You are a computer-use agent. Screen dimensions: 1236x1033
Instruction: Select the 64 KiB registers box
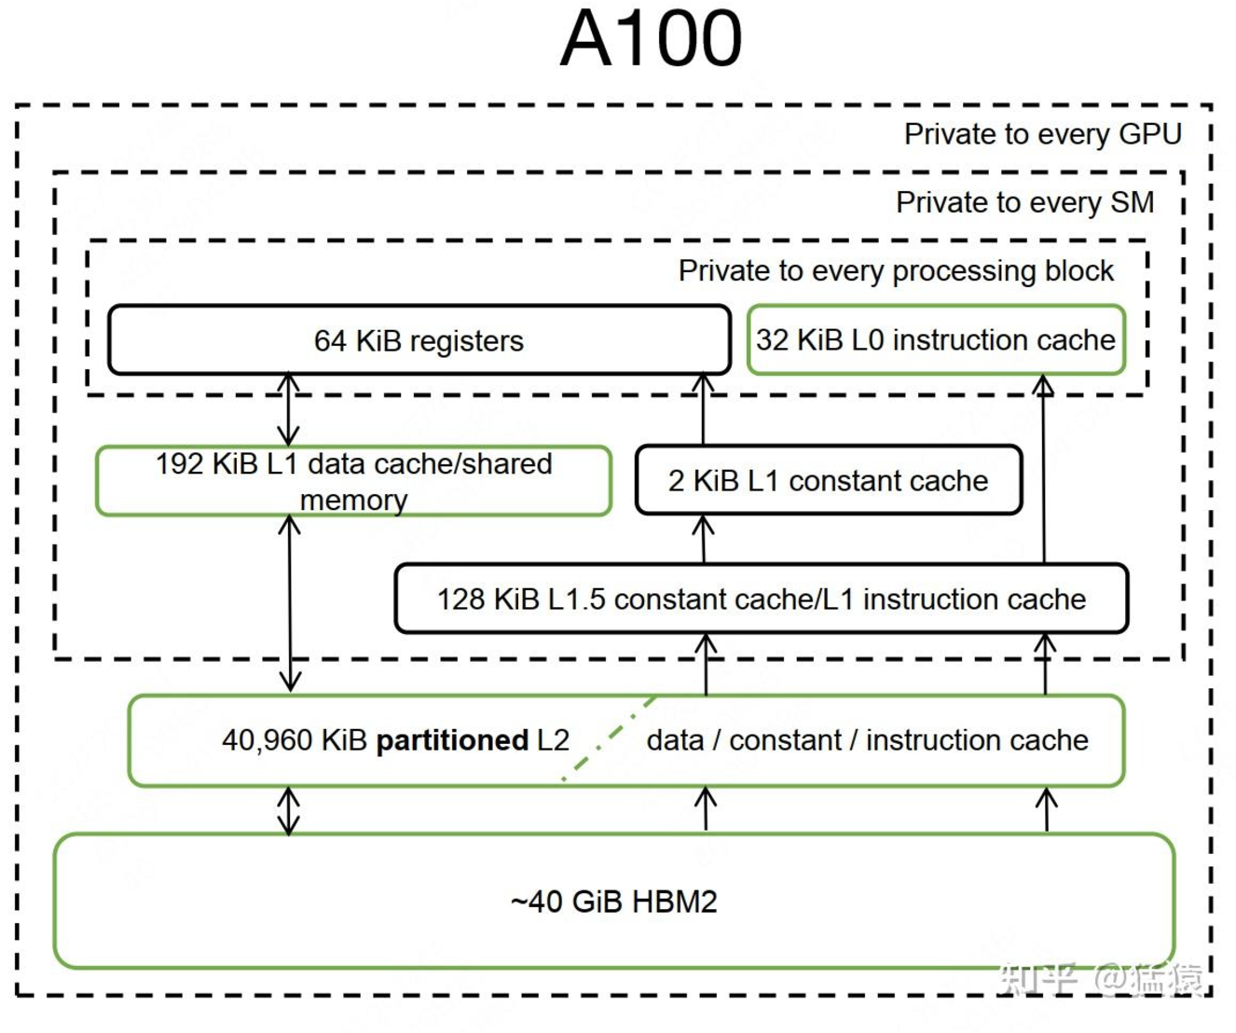coord(419,339)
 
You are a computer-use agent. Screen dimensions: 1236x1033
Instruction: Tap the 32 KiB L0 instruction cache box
coord(936,339)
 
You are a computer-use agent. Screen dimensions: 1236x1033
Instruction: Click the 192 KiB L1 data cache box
coord(353,481)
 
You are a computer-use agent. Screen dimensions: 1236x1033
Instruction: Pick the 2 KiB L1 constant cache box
coord(828,479)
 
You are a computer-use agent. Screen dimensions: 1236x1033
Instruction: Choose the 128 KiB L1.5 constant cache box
coord(762,599)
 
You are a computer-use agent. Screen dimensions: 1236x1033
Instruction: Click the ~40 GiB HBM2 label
coord(614,902)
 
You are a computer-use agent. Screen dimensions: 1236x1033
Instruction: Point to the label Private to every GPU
coord(1042,134)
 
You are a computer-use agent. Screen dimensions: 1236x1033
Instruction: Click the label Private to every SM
coord(1024,202)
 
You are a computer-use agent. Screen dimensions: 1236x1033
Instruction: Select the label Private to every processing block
coord(896,271)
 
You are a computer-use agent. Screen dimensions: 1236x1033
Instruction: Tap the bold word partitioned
coord(452,740)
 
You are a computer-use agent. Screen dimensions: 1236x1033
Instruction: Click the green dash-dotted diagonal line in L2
coord(609,738)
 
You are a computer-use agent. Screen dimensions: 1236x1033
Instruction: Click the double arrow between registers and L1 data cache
coord(288,409)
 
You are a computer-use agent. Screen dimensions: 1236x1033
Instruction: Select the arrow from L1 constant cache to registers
coord(703,409)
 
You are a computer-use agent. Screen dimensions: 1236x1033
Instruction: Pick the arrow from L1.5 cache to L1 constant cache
coord(703,539)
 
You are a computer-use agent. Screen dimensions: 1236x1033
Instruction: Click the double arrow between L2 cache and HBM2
coord(288,810)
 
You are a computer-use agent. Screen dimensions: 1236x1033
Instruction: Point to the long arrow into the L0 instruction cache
coord(1044,469)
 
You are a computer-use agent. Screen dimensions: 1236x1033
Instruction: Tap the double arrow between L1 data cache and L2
coord(290,603)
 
